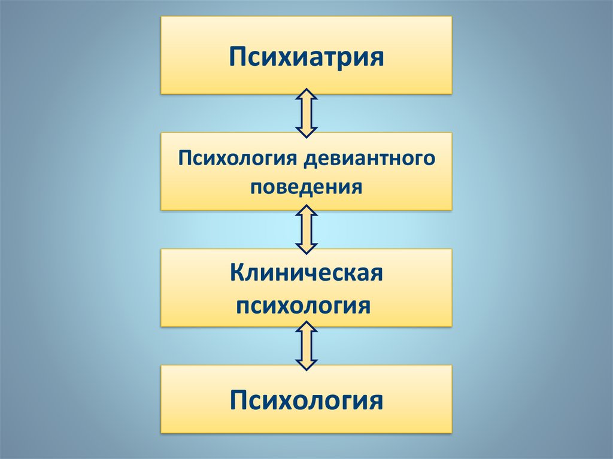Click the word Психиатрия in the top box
click(306, 57)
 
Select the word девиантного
click(369, 159)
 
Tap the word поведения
click(306, 187)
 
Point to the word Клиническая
click(306, 272)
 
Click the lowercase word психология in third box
click(304, 305)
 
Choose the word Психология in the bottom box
click(306, 400)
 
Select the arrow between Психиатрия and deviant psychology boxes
click(306, 113)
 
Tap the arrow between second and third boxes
click(306, 230)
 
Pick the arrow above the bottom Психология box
click(306, 346)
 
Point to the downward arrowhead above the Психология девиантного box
click(306, 132)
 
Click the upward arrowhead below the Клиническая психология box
click(306, 327)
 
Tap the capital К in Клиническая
click(238, 272)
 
